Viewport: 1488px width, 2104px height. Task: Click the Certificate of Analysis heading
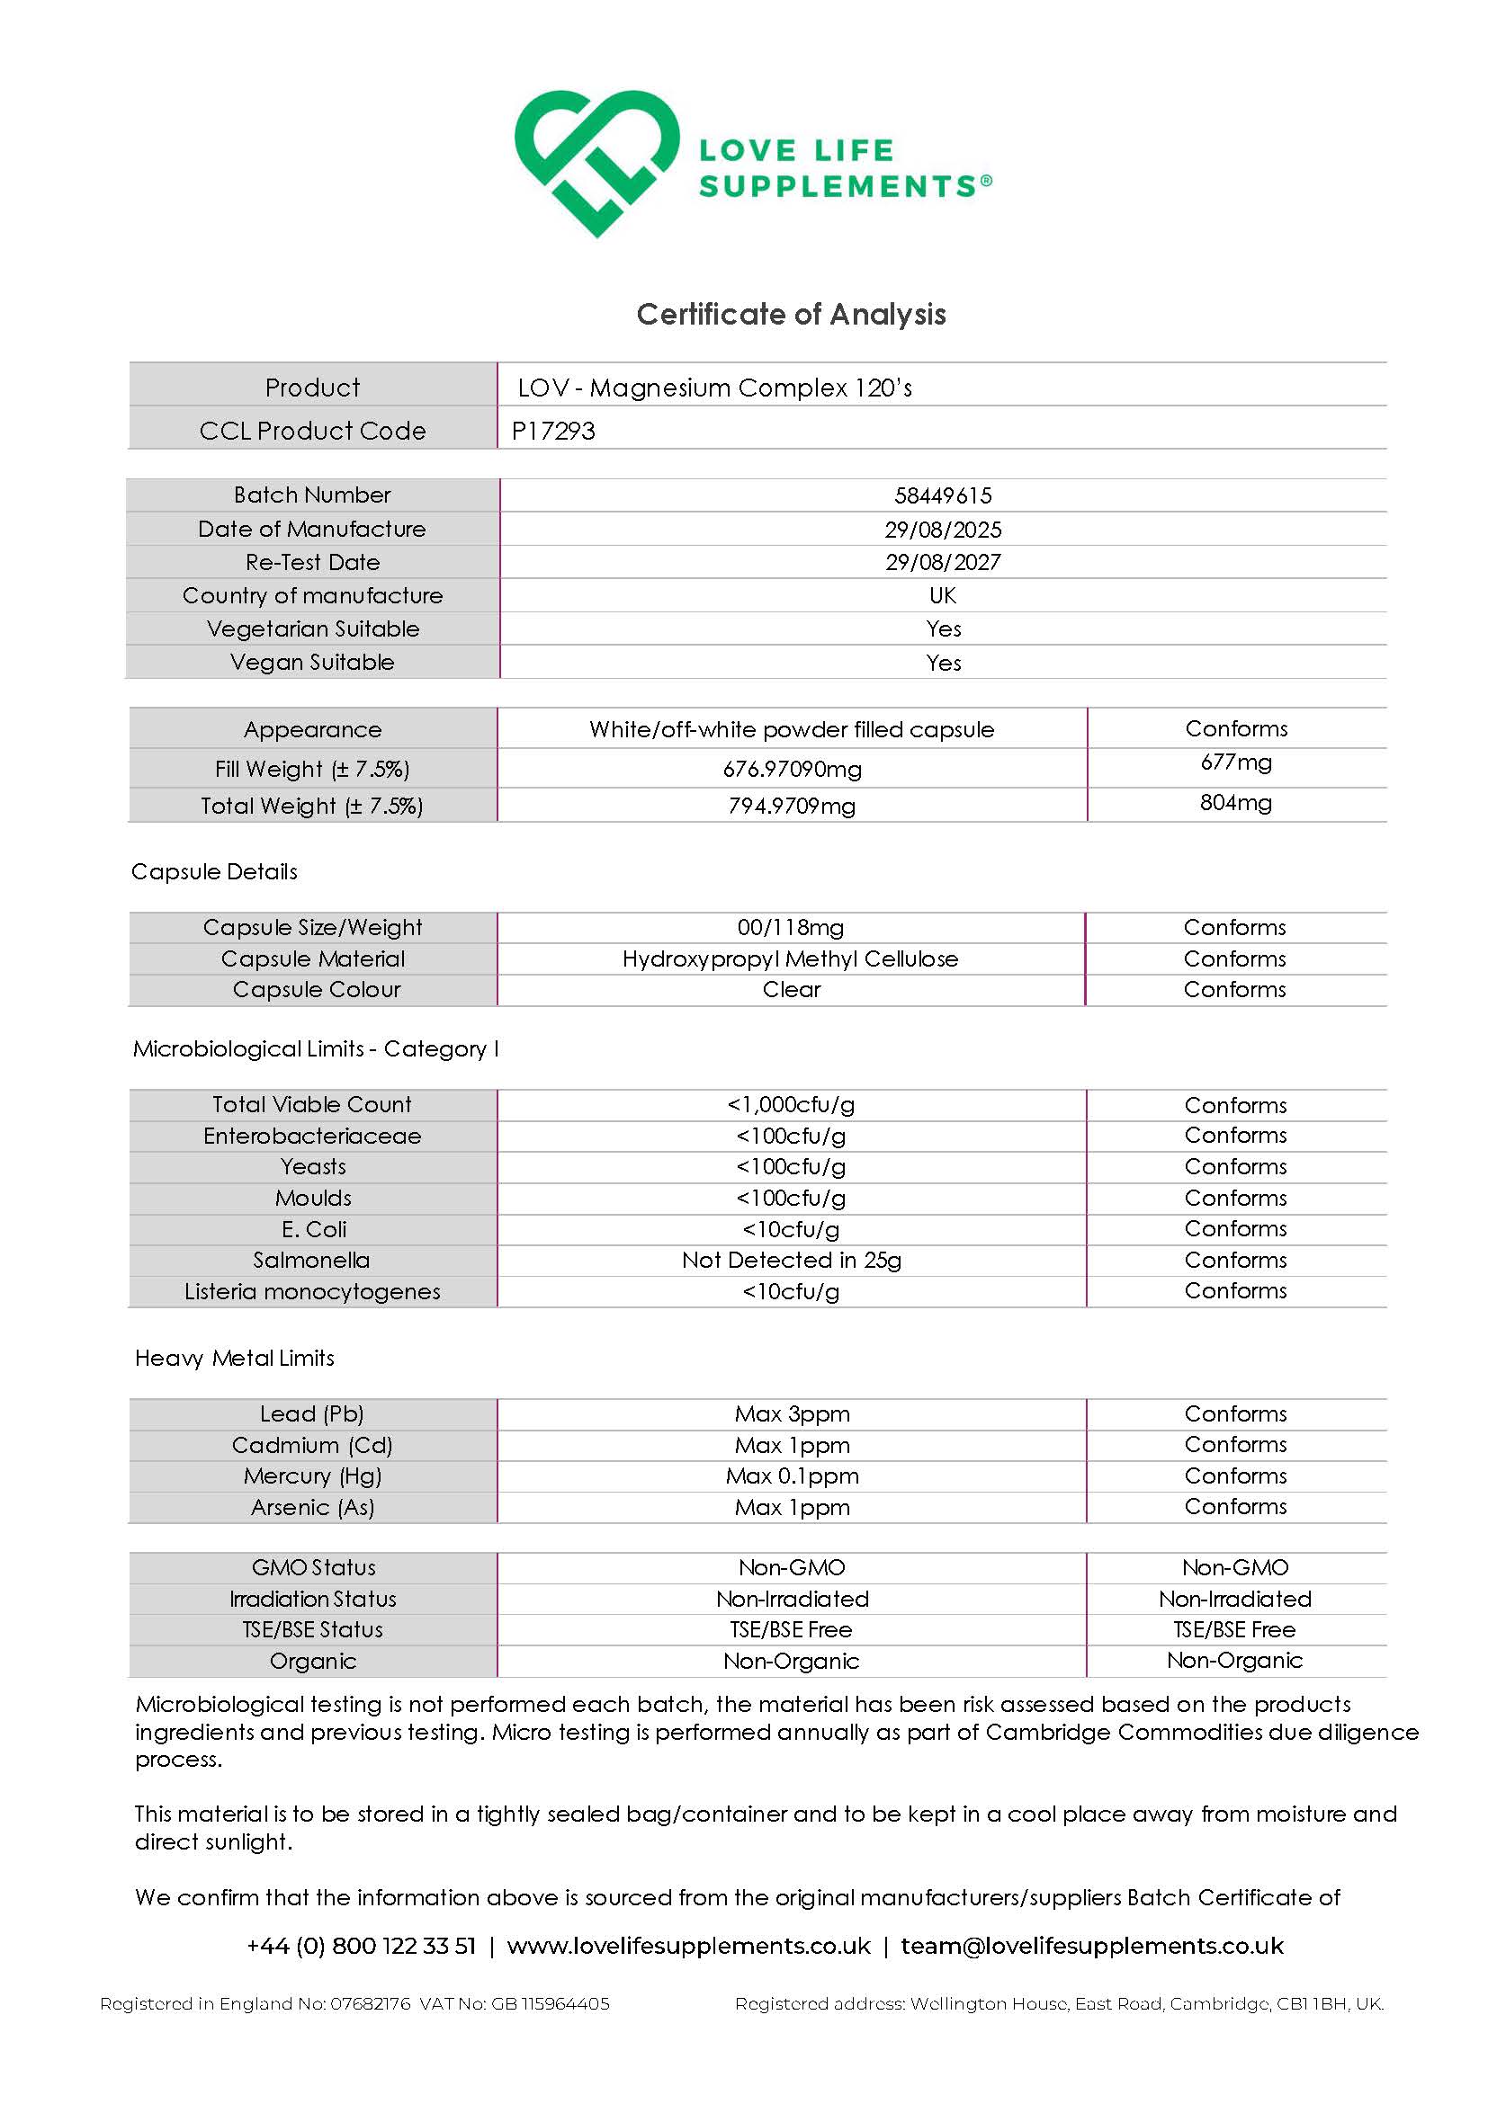[x=790, y=315]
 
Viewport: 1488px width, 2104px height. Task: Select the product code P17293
[x=553, y=431]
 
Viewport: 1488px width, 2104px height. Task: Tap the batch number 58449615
[x=943, y=495]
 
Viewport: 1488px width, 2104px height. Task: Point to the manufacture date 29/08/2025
[x=943, y=530]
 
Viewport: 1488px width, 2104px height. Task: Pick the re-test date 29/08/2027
[x=943, y=563]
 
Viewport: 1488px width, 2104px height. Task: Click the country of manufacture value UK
[x=943, y=595]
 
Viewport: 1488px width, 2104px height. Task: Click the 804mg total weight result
[x=1236, y=804]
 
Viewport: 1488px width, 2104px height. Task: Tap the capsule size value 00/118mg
[x=790, y=927]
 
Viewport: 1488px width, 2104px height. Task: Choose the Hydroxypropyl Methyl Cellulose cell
[x=790, y=958]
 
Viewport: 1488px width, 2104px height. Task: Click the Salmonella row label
[x=311, y=1260]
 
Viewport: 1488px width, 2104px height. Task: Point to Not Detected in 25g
[x=791, y=1260]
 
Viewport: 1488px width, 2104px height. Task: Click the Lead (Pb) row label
[x=311, y=1414]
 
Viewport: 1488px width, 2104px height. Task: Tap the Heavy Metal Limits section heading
[x=235, y=1358]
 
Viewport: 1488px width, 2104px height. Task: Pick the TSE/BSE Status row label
[x=311, y=1630]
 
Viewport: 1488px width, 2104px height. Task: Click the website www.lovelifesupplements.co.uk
[x=688, y=1947]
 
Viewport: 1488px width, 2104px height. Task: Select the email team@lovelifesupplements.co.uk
[x=1092, y=1947]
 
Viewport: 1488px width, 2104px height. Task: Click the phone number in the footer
[x=362, y=1947]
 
